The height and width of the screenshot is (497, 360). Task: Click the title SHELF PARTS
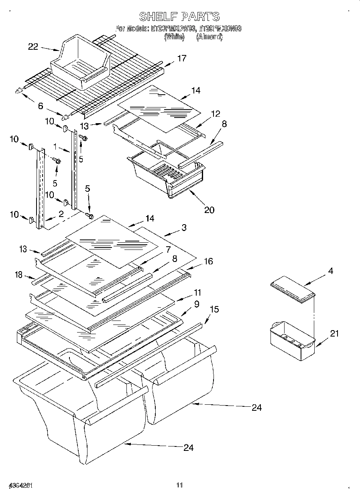coord(179,16)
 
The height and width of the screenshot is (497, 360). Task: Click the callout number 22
coord(33,47)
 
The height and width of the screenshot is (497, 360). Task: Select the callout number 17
coord(181,59)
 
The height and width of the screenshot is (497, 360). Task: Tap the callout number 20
coord(209,209)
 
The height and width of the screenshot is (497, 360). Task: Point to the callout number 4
coord(330,271)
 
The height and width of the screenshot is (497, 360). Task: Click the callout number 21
coord(334,333)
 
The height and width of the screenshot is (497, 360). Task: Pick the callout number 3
coord(184,228)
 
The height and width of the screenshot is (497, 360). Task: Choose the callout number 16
coord(208,262)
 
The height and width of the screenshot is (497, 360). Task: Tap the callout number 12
coord(216,114)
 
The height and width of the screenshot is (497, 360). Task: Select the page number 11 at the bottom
coord(179,485)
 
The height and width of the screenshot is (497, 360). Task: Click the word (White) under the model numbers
coord(174,37)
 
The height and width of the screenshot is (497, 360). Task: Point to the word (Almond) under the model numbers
coord(209,37)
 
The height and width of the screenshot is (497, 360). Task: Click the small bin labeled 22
coord(80,62)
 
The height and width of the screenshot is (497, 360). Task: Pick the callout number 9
coord(196,304)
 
